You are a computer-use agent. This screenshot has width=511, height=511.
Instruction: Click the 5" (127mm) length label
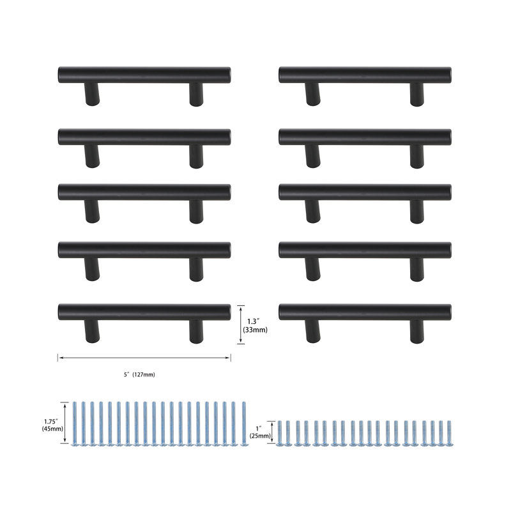click(139, 375)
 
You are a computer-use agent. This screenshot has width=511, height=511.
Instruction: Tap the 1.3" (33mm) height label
click(255, 326)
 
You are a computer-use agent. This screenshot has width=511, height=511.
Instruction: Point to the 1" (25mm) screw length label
click(260, 432)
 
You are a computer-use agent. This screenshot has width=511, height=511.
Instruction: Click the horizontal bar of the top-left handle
click(144, 75)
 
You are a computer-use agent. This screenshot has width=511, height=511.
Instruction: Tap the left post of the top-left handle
click(92, 94)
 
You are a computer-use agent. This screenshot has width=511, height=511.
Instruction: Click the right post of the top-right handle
click(417, 94)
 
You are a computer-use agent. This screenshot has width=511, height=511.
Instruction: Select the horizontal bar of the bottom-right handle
click(365, 312)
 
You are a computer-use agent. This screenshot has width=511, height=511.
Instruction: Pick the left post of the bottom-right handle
click(313, 331)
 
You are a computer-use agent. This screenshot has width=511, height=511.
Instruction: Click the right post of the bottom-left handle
click(196, 331)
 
